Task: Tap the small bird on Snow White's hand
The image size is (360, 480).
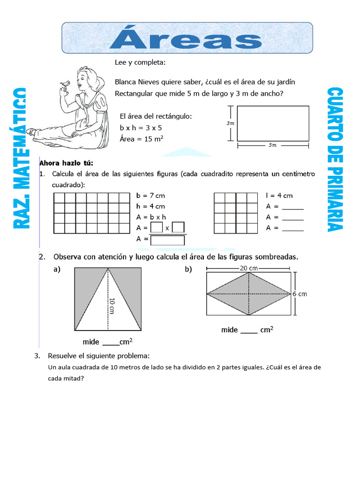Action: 65,84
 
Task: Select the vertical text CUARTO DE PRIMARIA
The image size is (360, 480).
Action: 336,159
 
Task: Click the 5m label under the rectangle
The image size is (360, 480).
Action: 273,145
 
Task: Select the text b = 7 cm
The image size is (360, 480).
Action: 150,195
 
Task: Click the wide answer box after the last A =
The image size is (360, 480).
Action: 167,240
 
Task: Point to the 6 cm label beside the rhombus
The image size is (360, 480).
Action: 299,294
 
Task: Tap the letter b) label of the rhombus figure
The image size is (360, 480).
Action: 188,270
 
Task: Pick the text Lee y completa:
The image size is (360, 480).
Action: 140,62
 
